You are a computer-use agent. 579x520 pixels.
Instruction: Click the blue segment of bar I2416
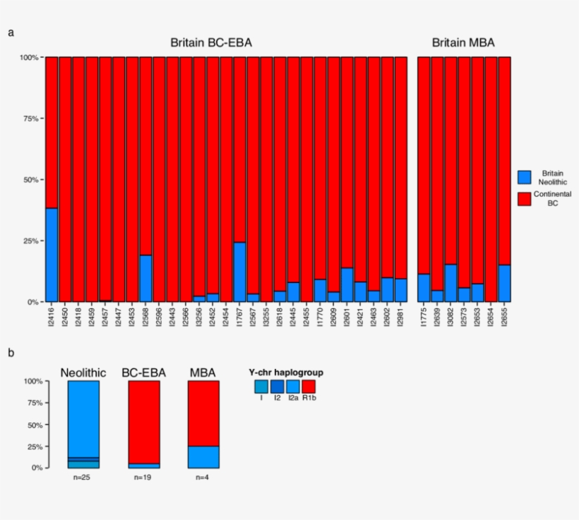(52, 255)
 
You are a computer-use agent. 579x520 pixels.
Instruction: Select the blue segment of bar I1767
(239, 272)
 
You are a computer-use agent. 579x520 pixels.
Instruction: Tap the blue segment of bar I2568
(145, 278)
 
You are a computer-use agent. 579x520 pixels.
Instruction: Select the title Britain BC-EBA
(211, 43)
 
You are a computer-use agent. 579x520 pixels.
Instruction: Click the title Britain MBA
(463, 43)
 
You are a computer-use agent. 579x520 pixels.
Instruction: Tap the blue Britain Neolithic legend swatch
(525, 177)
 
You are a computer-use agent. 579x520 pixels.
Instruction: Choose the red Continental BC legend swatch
(525, 198)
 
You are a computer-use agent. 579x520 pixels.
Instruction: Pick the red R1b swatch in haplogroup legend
(309, 386)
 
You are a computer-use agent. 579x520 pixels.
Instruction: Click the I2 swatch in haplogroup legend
(277, 386)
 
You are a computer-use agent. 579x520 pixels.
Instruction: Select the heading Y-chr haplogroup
(285, 372)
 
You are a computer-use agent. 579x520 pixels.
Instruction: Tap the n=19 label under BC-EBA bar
(143, 478)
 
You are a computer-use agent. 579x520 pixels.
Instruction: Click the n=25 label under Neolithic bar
(83, 478)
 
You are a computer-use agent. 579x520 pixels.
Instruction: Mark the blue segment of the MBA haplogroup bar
(203, 456)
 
